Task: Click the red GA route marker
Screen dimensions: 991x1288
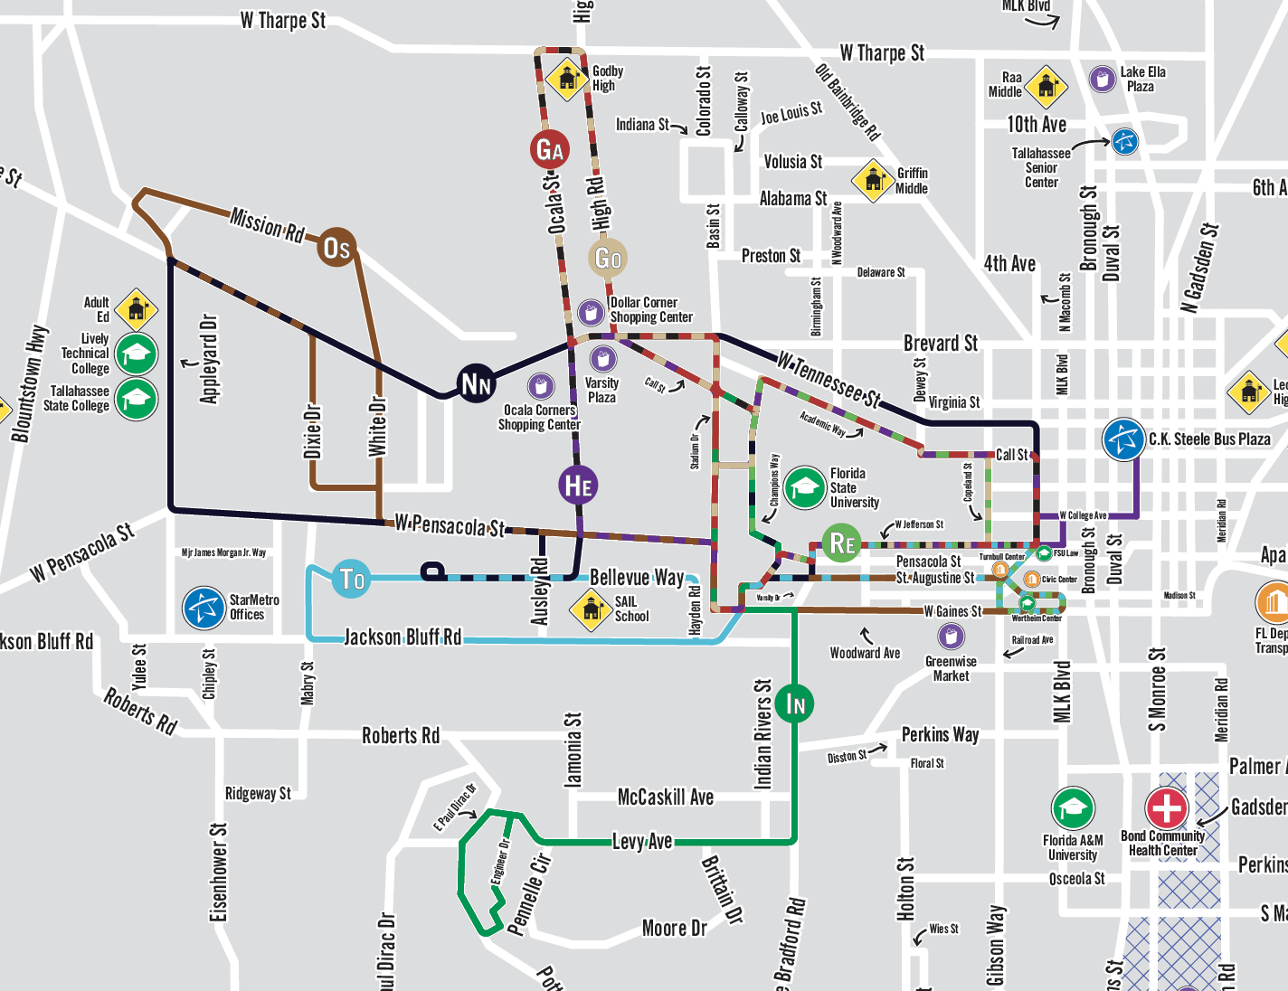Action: [550, 149]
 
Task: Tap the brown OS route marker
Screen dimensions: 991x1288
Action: [336, 247]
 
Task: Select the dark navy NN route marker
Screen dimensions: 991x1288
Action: [476, 383]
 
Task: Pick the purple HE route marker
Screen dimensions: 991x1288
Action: [578, 486]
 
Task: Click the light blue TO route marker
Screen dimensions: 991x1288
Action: [351, 579]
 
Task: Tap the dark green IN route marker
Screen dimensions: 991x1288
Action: [795, 703]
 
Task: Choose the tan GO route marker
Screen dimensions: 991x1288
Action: [608, 259]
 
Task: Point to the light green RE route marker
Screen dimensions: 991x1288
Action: [841, 543]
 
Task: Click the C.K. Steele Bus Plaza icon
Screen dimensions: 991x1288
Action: [1123, 439]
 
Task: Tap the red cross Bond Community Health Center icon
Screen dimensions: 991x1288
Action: [1167, 807]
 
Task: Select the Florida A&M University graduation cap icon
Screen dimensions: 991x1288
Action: [1073, 808]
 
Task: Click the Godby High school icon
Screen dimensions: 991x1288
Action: [567, 78]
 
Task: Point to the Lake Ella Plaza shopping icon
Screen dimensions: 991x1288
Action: [1102, 80]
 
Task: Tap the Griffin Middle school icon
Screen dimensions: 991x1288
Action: [874, 180]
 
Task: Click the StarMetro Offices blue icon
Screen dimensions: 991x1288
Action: [204, 608]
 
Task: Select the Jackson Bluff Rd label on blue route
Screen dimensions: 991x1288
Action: [402, 637]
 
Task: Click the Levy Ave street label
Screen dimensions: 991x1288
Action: [642, 842]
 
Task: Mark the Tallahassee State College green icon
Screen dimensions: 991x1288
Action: [137, 399]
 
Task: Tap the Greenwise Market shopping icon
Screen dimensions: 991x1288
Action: [950, 637]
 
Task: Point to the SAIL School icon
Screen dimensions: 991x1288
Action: [592, 609]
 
